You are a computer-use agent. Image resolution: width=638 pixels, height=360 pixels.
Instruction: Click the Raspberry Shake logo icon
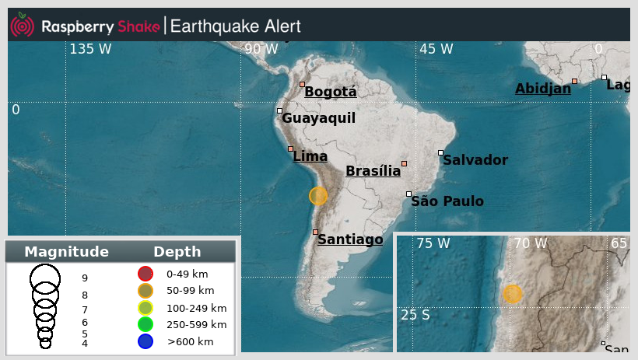pos(22,26)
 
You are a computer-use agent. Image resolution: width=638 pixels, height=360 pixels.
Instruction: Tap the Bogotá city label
pos(330,92)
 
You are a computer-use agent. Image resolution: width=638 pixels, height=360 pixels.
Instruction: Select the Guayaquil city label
pos(318,118)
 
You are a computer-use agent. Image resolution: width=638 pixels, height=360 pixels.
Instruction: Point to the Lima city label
pos(310,156)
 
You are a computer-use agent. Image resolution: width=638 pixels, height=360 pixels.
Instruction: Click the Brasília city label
pos(373,171)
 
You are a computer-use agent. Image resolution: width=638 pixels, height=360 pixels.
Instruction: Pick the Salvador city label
pos(475,160)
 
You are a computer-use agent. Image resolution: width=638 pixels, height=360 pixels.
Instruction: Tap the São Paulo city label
pos(447,201)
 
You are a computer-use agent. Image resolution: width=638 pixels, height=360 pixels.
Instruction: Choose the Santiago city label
pos(350,239)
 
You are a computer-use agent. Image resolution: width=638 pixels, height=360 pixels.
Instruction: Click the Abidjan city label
pos(542,89)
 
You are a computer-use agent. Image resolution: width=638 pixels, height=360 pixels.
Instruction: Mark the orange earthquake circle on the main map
pos(318,196)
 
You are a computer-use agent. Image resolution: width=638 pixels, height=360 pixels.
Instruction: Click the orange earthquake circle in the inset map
pos(512,294)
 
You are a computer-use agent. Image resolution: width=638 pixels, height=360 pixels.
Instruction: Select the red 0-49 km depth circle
pos(145,274)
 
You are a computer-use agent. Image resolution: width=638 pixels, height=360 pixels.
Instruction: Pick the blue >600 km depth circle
pos(145,341)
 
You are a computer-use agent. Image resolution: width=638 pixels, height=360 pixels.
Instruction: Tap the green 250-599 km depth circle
pos(145,324)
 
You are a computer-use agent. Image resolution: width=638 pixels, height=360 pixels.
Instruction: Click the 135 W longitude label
pos(90,49)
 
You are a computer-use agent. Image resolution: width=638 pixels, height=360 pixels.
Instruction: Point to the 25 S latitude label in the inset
pos(415,315)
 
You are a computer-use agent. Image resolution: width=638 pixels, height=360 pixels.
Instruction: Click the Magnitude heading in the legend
pos(66,252)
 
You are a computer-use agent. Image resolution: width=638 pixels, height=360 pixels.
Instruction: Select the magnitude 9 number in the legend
pos(85,278)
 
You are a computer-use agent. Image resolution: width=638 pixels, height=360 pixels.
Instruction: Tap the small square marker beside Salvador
pos(440,152)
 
